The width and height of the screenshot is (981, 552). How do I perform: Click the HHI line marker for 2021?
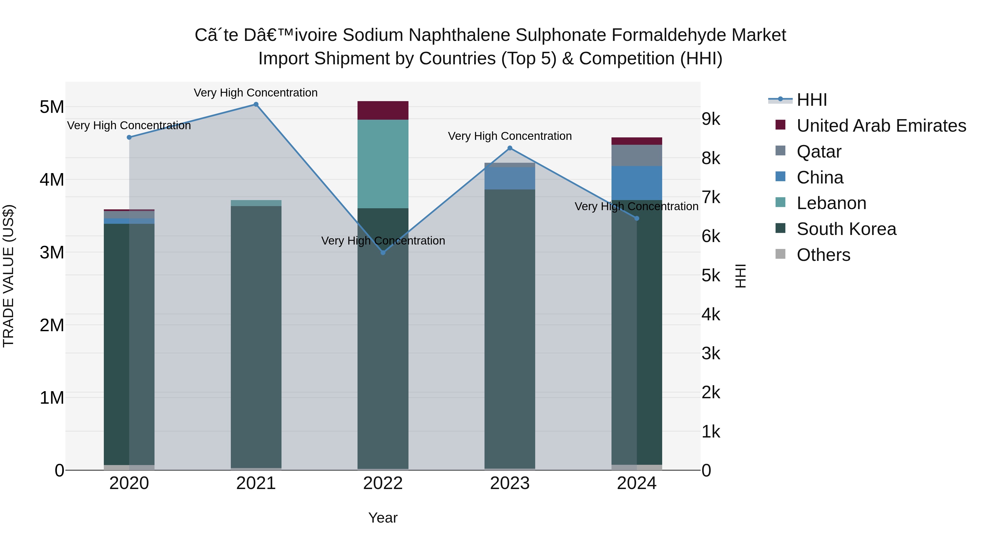(x=256, y=104)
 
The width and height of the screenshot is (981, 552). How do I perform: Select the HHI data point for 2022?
(x=383, y=253)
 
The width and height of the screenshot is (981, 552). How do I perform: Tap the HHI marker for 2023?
(x=510, y=148)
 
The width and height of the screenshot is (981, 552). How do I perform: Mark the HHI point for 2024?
(x=637, y=218)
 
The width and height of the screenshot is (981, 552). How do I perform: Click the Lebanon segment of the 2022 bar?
(x=383, y=164)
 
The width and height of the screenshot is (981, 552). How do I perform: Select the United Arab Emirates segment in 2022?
(x=383, y=110)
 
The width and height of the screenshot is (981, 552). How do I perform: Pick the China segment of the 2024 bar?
(x=637, y=183)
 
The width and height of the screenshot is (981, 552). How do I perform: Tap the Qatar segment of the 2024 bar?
(x=637, y=155)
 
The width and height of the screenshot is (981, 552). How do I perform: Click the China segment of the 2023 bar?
(x=510, y=178)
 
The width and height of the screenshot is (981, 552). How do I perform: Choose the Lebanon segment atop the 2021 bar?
(x=256, y=203)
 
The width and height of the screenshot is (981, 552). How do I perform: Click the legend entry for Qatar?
(x=819, y=152)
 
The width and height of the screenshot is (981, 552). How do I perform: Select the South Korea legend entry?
(x=846, y=229)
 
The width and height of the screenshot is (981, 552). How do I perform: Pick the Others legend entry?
(x=823, y=255)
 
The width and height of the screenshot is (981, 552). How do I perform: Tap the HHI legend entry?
(x=812, y=100)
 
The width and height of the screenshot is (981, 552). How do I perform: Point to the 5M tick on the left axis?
(x=52, y=107)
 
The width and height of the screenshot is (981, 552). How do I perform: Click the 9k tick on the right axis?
(x=711, y=119)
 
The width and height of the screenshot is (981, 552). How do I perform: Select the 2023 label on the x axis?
(x=510, y=483)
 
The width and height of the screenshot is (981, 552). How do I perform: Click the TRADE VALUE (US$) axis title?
(x=9, y=276)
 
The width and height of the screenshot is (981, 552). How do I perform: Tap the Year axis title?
(x=383, y=518)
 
